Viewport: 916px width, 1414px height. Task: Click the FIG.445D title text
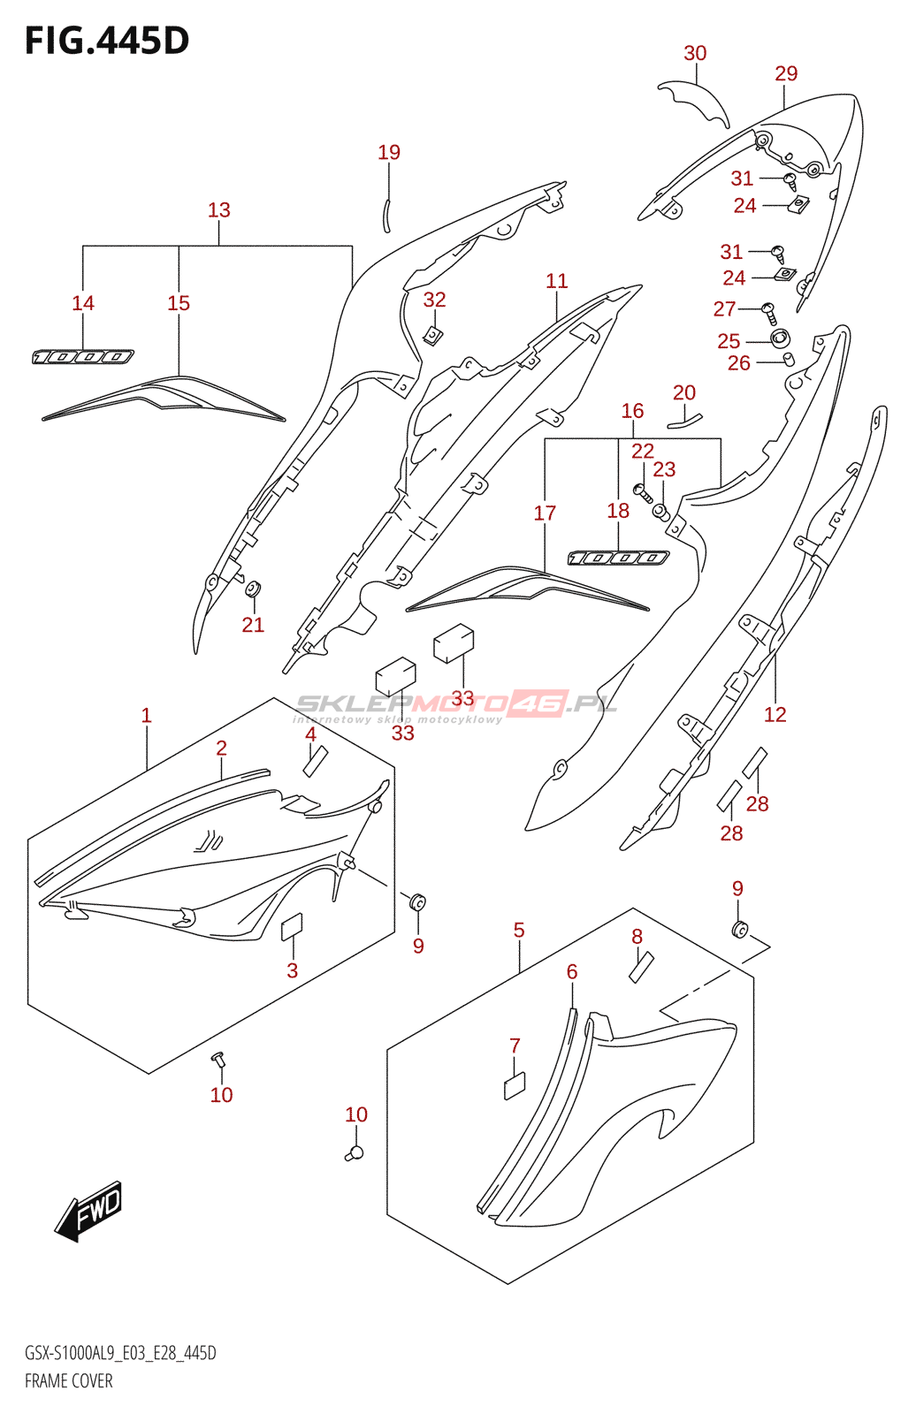coord(107,41)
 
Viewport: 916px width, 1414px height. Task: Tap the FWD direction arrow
coord(88,1211)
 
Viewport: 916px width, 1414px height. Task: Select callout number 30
coord(695,53)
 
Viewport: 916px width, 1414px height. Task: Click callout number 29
coord(786,73)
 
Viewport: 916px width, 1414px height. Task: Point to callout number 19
coord(389,152)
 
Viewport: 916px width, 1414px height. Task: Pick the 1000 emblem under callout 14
coord(83,357)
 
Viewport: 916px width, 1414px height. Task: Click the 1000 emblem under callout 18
coord(618,558)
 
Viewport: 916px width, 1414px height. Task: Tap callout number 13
coord(219,209)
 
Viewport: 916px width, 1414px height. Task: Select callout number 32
coord(435,300)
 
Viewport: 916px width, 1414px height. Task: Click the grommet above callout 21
coord(253,589)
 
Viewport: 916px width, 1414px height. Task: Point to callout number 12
coord(775,715)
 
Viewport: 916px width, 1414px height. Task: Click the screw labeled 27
coord(769,313)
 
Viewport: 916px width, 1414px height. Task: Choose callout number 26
coord(738,363)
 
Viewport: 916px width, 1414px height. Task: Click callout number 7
coord(515,1046)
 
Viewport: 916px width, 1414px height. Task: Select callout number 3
coord(292,970)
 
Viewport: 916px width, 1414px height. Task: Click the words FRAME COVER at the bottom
coord(69,1380)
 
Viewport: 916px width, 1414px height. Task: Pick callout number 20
coord(684,392)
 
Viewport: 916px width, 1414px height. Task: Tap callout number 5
coord(519,930)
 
